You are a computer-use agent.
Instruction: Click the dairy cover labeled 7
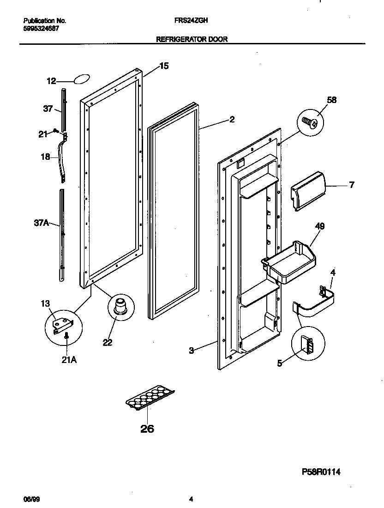(x=308, y=190)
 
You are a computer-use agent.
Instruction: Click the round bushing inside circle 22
(x=121, y=306)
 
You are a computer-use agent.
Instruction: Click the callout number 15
(x=164, y=66)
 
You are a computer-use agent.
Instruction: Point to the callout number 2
(x=232, y=120)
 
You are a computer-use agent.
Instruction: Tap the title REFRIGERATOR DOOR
(x=192, y=40)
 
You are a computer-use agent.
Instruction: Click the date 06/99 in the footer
(x=30, y=499)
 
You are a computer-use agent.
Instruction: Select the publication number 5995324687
(x=41, y=28)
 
